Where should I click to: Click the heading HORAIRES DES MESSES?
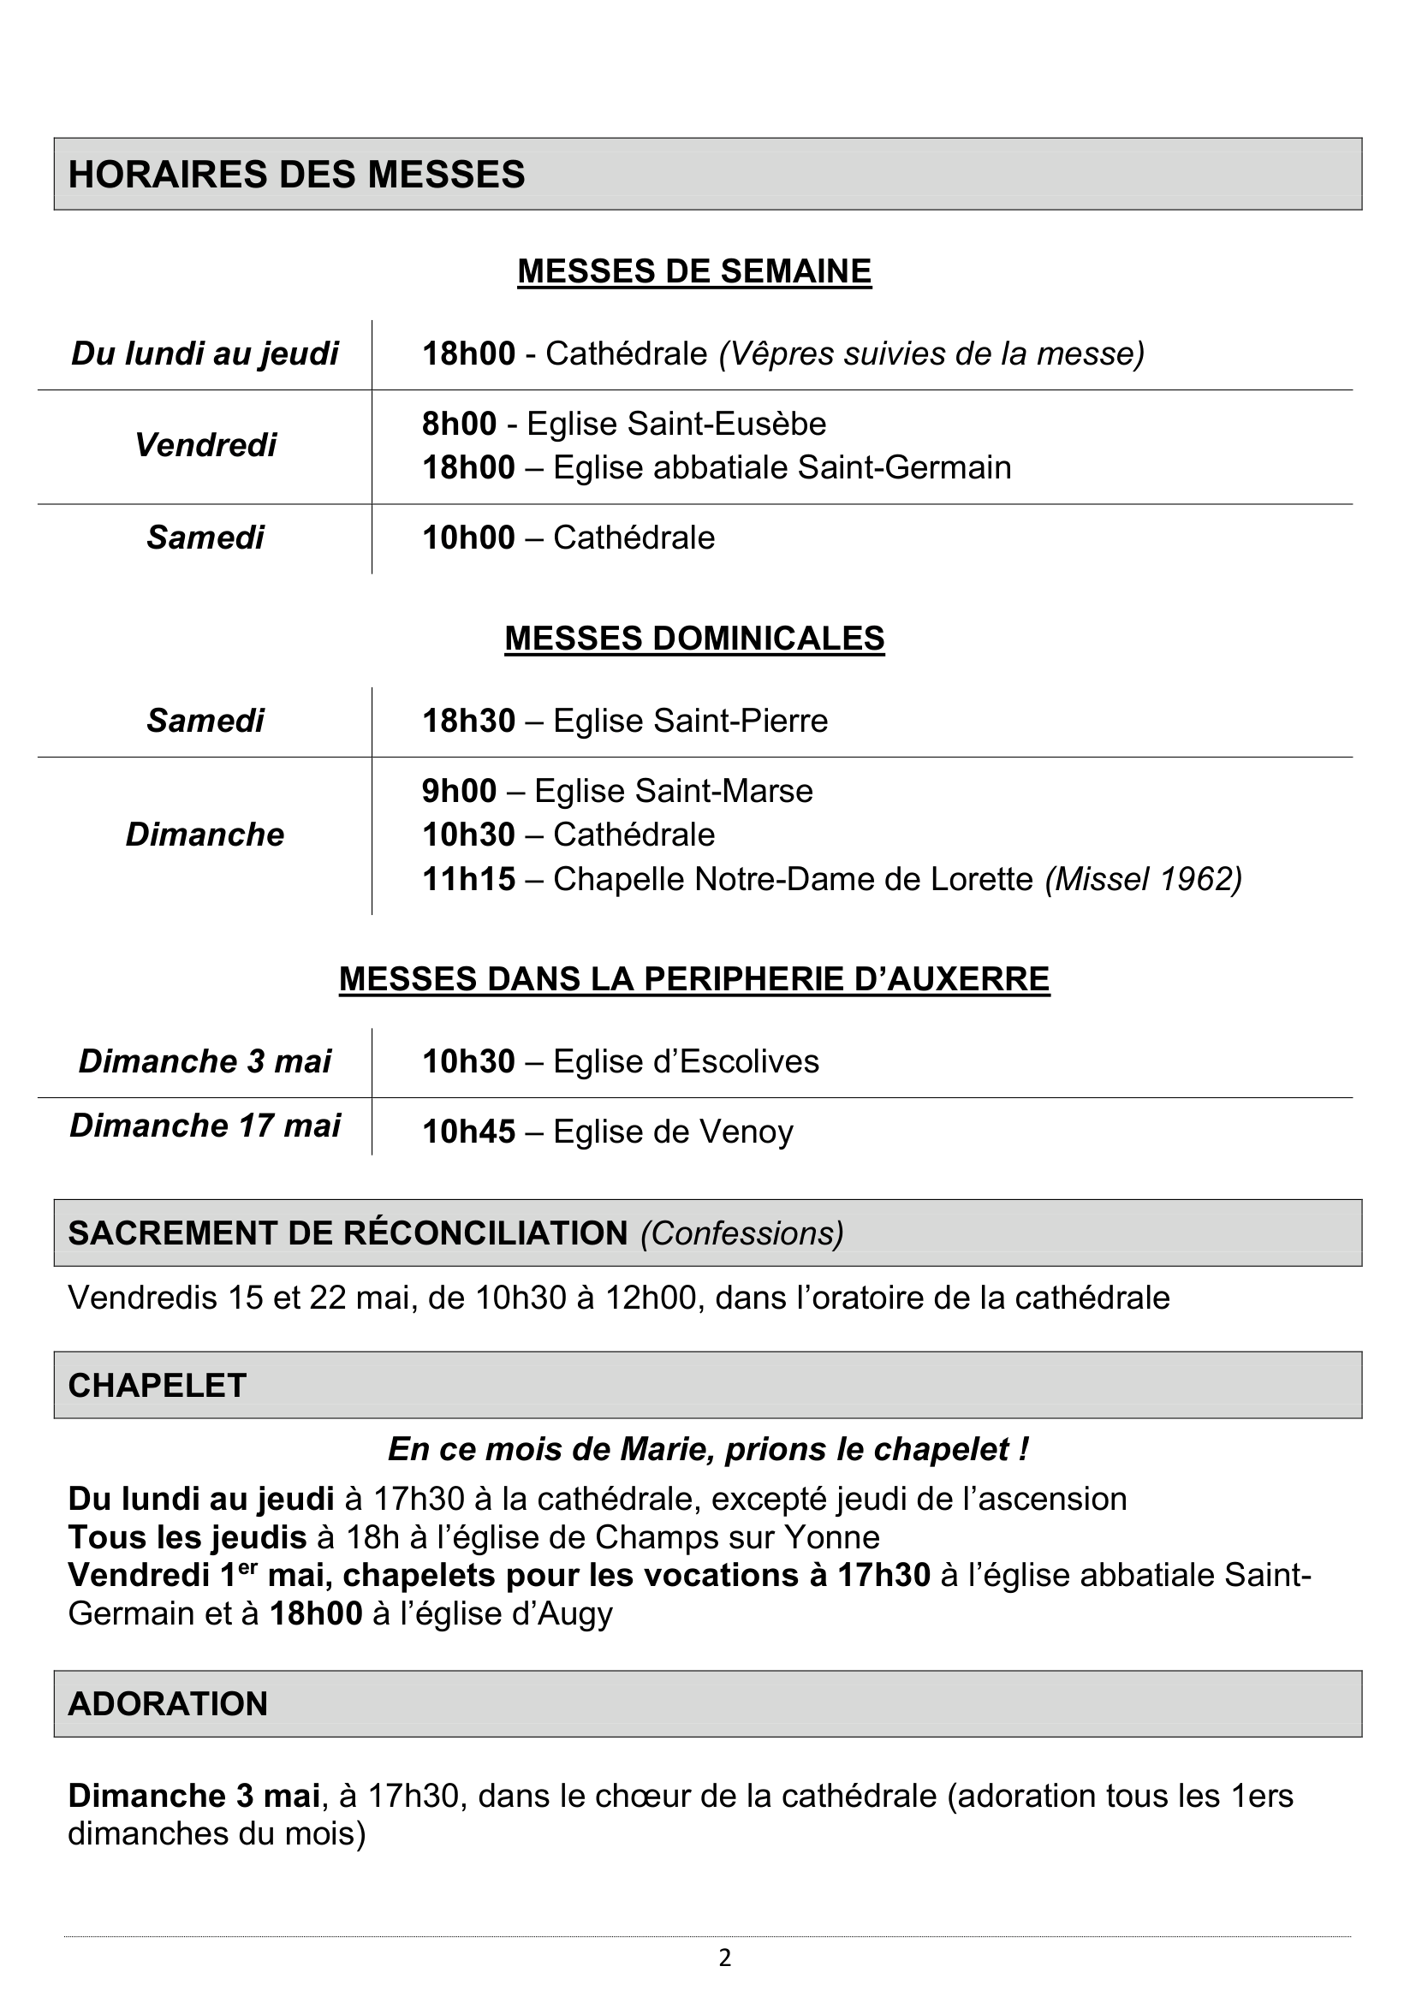point(296,175)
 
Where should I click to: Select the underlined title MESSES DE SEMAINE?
point(694,271)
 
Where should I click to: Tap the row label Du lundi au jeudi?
point(205,353)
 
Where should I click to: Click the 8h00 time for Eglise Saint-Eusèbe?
point(459,424)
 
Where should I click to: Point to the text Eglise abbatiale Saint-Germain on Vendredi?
point(782,467)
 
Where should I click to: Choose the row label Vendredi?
point(205,445)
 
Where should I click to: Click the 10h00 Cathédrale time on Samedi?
point(468,538)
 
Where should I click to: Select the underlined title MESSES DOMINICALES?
point(694,639)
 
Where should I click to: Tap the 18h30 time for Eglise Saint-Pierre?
point(468,720)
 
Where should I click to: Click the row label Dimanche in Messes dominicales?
point(205,835)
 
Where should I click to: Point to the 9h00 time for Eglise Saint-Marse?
point(459,791)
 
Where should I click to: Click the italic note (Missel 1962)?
point(1143,878)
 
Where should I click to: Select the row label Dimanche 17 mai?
point(205,1125)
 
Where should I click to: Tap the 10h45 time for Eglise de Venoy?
point(468,1132)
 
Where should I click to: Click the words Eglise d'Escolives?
point(687,1061)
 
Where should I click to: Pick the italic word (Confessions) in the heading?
point(742,1233)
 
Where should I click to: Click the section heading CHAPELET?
point(157,1386)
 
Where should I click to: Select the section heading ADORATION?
point(168,1704)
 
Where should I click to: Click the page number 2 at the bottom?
point(724,1958)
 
